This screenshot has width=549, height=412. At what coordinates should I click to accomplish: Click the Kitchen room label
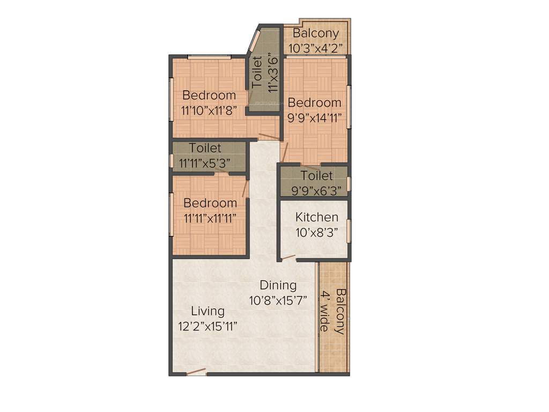(x=317, y=217)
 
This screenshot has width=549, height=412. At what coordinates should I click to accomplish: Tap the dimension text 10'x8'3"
(x=317, y=233)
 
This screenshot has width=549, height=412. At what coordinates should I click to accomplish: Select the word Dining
(x=278, y=285)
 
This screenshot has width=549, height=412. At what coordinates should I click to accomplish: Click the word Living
(x=208, y=311)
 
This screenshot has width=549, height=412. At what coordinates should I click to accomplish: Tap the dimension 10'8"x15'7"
(x=278, y=300)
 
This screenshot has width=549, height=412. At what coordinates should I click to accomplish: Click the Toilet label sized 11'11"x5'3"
(x=205, y=148)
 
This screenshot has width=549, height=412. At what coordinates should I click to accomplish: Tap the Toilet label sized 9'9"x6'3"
(x=316, y=175)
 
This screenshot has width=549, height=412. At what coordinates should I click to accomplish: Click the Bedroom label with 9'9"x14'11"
(x=314, y=102)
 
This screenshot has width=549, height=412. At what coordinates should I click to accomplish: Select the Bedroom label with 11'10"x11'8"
(x=209, y=95)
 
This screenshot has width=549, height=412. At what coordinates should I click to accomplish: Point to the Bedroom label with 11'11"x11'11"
(x=210, y=203)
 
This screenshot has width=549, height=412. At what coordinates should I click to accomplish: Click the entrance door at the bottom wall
(x=196, y=372)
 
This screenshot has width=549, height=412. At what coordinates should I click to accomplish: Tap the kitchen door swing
(x=288, y=258)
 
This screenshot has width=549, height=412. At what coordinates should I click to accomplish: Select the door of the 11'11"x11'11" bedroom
(x=245, y=188)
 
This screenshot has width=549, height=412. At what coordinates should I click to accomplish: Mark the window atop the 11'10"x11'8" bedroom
(x=209, y=56)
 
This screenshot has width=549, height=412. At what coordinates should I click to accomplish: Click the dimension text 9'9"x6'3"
(x=316, y=190)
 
